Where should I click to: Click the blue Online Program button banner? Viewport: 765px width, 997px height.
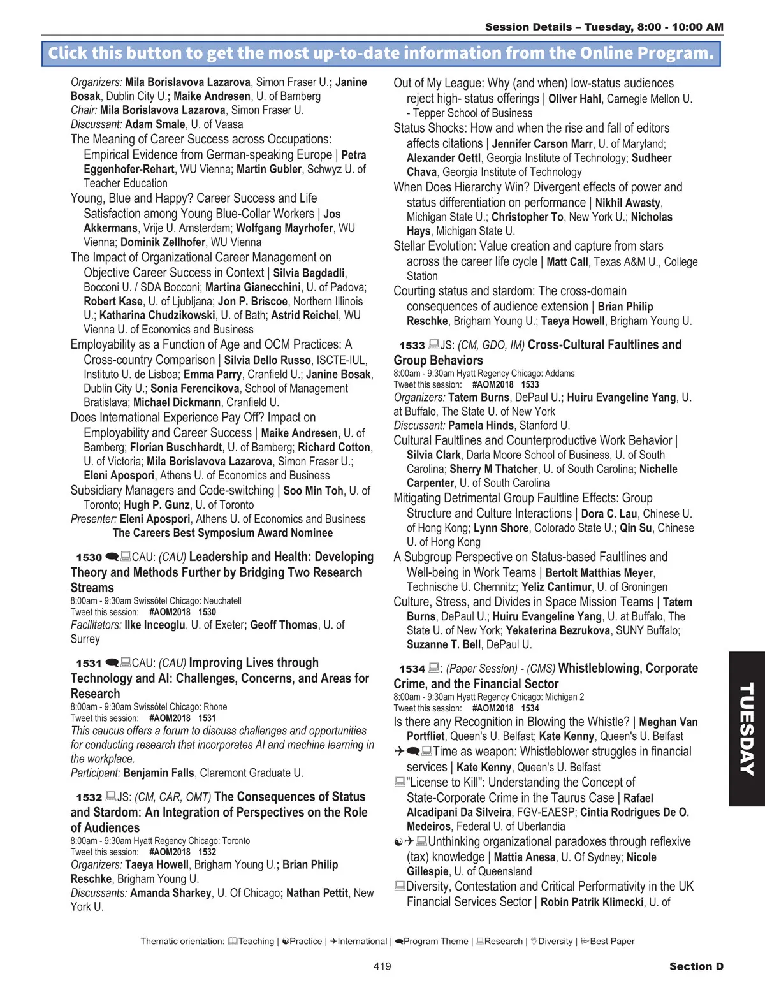[x=381, y=53]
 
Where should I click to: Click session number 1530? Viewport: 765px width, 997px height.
[x=89, y=557]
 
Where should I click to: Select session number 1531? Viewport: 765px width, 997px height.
[x=89, y=663]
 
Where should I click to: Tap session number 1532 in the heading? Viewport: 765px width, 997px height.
[x=89, y=797]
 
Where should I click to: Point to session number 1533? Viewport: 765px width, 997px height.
[x=412, y=346]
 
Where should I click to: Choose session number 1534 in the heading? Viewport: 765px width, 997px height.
[x=412, y=669]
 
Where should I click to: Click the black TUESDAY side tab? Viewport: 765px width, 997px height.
[x=747, y=729]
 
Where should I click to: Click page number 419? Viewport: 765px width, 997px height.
[x=382, y=966]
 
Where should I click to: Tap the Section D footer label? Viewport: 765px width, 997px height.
[x=696, y=966]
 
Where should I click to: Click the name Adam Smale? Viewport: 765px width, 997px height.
[x=155, y=124]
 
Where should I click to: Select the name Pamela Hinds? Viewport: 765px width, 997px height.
[x=481, y=425]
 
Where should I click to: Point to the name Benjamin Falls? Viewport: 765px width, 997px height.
[x=159, y=773]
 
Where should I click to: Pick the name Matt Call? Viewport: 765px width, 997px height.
[x=567, y=262]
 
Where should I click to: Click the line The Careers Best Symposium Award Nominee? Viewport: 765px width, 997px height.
[x=222, y=533]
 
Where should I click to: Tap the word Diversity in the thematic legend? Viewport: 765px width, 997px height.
[x=555, y=941]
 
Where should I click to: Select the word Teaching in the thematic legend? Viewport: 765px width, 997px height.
[x=256, y=941]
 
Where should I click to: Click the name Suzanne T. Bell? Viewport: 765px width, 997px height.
[x=444, y=644]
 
